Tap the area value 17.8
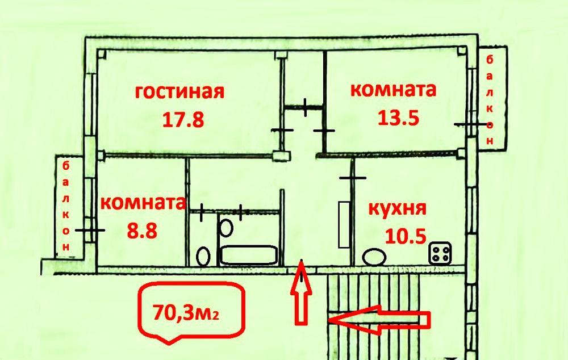click(182, 120)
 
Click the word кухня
click(397, 208)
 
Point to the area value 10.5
click(406, 235)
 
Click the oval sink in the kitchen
click(374, 257)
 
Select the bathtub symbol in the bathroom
click(249, 256)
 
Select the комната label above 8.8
click(143, 203)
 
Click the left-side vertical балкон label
click(66, 207)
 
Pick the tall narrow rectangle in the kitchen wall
click(343, 224)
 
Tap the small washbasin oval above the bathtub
click(227, 228)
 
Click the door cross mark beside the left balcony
click(90, 231)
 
